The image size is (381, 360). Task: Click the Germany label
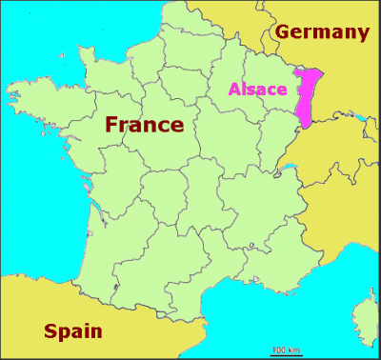point(321,32)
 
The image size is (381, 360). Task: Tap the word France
point(144,124)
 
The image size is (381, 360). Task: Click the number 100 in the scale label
point(277,350)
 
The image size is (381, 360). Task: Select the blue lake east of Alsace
point(357,119)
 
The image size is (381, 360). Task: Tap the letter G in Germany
point(283,32)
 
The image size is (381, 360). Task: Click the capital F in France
point(111,125)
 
